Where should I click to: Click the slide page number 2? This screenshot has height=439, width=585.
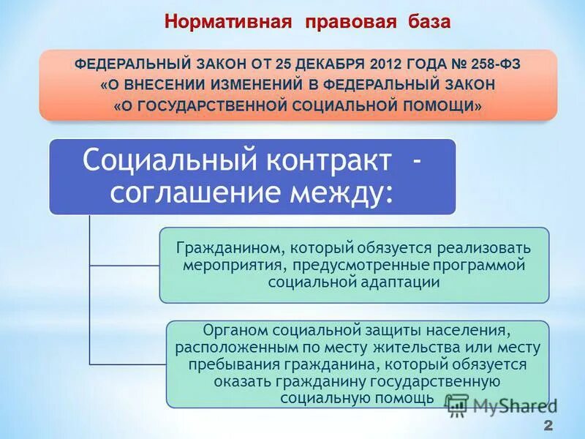548,427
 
